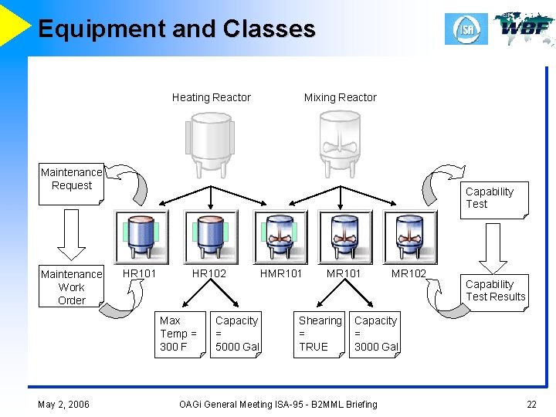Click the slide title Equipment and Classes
click(x=176, y=29)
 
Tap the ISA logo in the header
click(x=466, y=29)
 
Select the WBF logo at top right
click(x=524, y=29)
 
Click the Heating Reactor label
click(x=211, y=97)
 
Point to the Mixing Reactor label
click(x=340, y=97)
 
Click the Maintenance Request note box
click(x=71, y=185)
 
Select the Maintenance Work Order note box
click(x=71, y=286)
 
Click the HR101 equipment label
click(x=139, y=273)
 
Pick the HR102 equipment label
click(x=209, y=273)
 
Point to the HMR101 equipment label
click(x=281, y=273)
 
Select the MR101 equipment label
click(x=344, y=273)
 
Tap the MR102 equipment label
click(x=409, y=273)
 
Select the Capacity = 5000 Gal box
click(x=236, y=334)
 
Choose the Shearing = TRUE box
click(x=320, y=334)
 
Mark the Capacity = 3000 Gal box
click(x=376, y=334)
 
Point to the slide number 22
click(x=531, y=404)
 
